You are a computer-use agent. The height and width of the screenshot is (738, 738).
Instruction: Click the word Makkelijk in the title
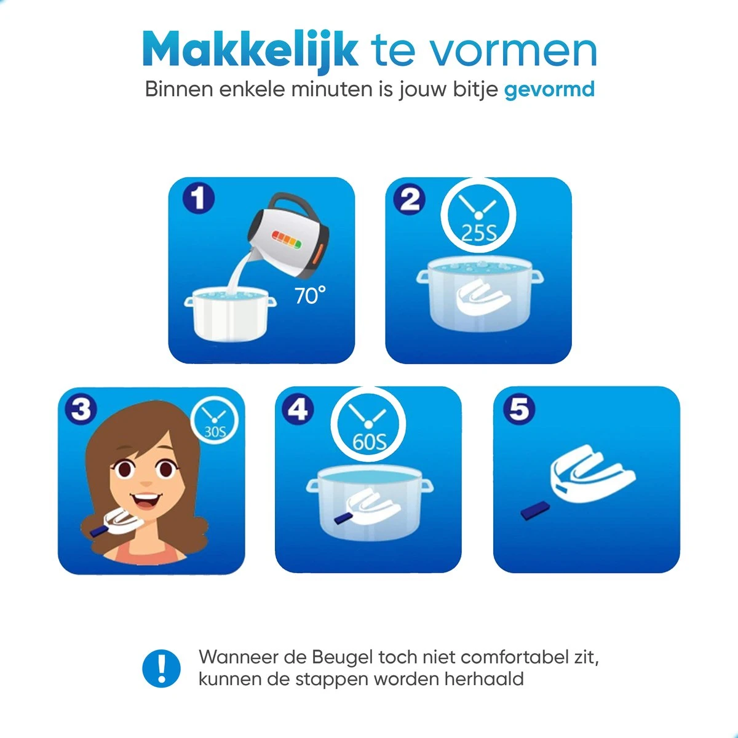coord(250,50)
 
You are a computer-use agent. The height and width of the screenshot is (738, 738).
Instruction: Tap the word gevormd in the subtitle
coord(549,90)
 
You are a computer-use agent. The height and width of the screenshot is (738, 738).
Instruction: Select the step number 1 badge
coord(199,199)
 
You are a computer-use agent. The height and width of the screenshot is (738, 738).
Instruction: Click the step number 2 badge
coord(410,199)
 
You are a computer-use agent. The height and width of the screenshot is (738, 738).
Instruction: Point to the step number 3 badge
coord(81,410)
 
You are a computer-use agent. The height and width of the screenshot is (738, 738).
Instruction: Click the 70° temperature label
coord(310,295)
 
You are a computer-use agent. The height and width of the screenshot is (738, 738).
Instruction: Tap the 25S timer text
coord(478,232)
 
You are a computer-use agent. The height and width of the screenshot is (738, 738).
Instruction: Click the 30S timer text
coord(215,432)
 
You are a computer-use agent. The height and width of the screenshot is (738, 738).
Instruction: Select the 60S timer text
coord(369,442)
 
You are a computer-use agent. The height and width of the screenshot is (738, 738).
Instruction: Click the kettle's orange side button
coord(317,253)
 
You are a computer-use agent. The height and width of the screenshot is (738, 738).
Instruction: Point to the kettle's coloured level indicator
coord(286,239)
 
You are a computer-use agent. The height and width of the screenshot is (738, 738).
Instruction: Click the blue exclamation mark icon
coord(161,669)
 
